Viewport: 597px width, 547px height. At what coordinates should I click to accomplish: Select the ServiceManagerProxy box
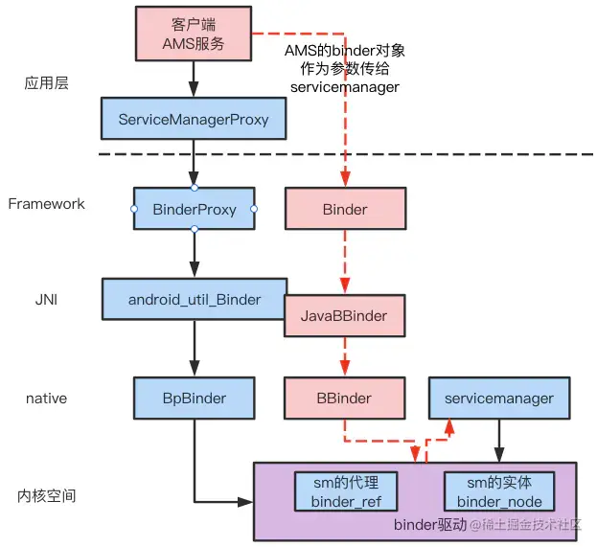[194, 120]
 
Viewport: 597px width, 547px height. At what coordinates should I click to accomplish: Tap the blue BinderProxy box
[195, 209]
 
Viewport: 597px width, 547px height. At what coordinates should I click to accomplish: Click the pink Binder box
[345, 209]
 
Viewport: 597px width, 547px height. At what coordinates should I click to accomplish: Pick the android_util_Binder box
[195, 299]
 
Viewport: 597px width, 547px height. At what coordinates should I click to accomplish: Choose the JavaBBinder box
[345, 315]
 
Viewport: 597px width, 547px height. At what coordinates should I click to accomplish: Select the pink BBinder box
[345, 397]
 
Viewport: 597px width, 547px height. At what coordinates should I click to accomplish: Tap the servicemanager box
[491, 397]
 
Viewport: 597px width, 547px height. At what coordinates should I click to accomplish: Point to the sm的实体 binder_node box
[498, 490]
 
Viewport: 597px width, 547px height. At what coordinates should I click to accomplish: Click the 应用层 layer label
[47, 83]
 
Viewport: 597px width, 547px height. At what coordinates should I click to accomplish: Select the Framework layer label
[46, 203]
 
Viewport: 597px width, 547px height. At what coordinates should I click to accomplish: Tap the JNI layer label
[47, 300]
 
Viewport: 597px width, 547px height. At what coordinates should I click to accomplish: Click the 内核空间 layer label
[46, 496]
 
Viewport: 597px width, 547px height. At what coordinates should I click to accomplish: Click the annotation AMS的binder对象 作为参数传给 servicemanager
[344, 67]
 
